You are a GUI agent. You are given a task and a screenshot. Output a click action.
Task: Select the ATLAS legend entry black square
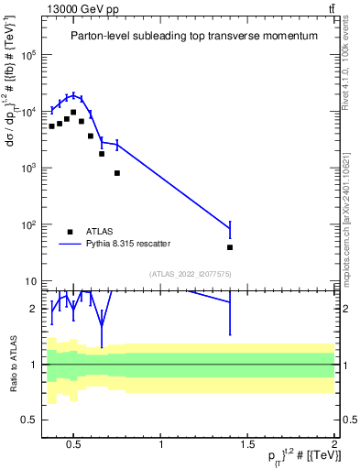coord(70,231)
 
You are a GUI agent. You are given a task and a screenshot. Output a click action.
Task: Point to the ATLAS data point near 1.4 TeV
coord(230,247)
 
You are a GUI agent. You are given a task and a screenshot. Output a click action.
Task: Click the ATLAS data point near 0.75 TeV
coord(117,173)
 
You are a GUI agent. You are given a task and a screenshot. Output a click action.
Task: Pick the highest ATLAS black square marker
coord(73,113)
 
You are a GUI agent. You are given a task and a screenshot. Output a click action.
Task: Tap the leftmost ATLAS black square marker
coord(52,126)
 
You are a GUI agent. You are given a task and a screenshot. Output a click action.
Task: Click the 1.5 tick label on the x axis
coord(247,446)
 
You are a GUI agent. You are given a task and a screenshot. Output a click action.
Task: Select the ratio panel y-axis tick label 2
coord(33,309)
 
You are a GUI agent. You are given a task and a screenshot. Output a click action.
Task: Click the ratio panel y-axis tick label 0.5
coord(29,420)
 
